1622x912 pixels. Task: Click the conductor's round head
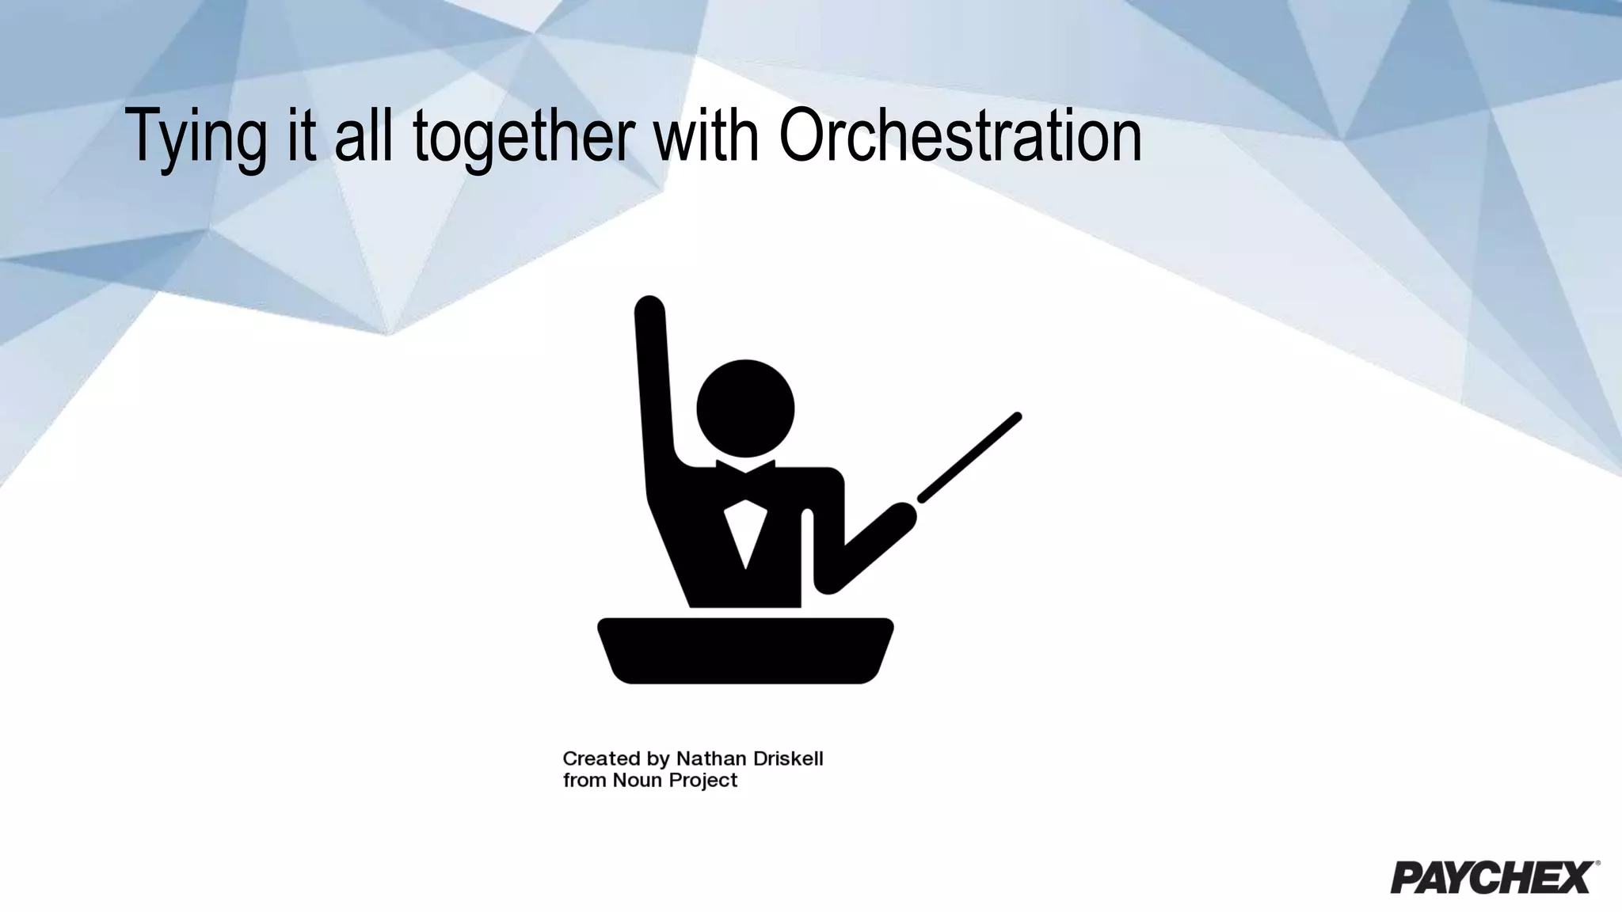[745, 408]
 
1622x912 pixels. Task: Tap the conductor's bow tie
[745, 466]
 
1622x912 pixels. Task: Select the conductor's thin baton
[969, 458]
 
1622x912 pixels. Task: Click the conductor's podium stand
[745, 650]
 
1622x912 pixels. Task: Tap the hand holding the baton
[899, 519]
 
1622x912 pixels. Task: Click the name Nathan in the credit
[710, 759]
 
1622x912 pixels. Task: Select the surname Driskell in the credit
[788, 759]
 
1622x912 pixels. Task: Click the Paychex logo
[1492, 877]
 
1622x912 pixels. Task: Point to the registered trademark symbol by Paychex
[1597, 864]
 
